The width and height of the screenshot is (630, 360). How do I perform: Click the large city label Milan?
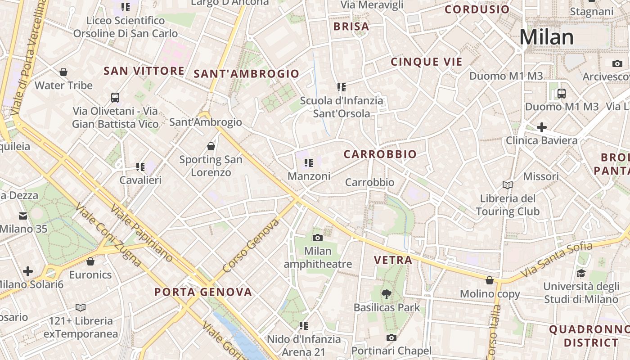point(547,37)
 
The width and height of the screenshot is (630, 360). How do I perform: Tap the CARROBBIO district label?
point(380,154)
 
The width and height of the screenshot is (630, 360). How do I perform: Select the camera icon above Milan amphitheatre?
point(318,238)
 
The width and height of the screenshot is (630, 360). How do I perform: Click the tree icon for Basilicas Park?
point(386,294)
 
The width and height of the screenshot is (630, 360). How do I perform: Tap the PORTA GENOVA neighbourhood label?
point(203,292)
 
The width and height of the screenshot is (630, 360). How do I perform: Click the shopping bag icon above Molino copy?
point(490,281)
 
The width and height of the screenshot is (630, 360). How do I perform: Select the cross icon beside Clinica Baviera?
point(542,127)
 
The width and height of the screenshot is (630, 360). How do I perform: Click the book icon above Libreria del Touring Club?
point(508,185)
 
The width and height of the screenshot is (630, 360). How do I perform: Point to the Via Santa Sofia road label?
point(557,259)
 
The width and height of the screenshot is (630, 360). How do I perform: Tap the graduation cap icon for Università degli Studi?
point(581,273)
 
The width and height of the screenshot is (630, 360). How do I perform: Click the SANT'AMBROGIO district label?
point(247,74)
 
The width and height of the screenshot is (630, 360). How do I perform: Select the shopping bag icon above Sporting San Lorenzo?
point(211,146)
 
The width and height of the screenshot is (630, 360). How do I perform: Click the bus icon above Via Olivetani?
point(115,98)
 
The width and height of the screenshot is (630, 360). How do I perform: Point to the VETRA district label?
point(393,260)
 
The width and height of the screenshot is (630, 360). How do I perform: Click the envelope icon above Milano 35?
point(23,216)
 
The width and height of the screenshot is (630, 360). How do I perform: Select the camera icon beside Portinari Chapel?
point(391,337)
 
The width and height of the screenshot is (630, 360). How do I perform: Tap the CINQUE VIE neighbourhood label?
point(427,62)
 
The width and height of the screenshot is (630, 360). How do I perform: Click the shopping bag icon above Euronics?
point(90,261)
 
